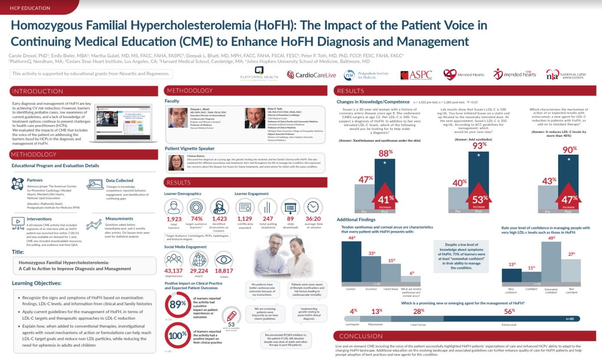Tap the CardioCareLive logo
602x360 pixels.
[x=312, y=75]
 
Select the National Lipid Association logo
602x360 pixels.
[x=566, y=75]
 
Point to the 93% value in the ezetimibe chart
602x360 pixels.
[x=479, y=145]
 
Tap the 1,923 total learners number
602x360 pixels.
[x=174, y=219]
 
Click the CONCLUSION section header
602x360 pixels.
[x=362, y=336]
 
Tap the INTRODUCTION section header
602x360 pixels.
[x=38, y=91]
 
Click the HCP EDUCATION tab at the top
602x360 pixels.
[x=30, y=7]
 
